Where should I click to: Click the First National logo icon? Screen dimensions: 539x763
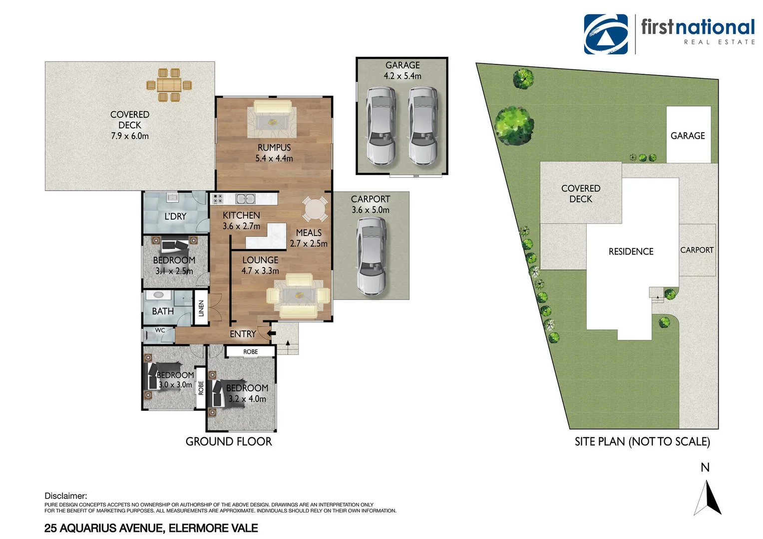[606, 34]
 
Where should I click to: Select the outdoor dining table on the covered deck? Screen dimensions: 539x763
[169, 85]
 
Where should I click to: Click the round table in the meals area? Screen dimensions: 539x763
[315, 209]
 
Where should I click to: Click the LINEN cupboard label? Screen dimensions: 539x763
[201, 308]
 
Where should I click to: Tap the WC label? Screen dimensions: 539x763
[160, 330]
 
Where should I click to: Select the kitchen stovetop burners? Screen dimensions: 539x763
[217, 199]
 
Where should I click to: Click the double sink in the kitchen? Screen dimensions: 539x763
[245, 199]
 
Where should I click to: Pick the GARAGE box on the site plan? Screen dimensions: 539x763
[688, 135]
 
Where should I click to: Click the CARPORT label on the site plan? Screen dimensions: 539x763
[697, 250]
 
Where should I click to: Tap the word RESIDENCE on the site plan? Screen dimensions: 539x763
[631, 252]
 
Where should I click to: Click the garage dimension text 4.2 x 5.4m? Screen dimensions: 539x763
[402, 76]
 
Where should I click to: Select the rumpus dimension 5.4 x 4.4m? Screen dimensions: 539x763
[274, 158]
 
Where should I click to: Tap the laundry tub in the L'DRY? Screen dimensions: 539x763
[173, 197]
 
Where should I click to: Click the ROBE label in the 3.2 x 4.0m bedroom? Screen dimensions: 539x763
[250, 352]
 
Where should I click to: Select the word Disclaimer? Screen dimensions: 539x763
[65, 496]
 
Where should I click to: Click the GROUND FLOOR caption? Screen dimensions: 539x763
[229, 442]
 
